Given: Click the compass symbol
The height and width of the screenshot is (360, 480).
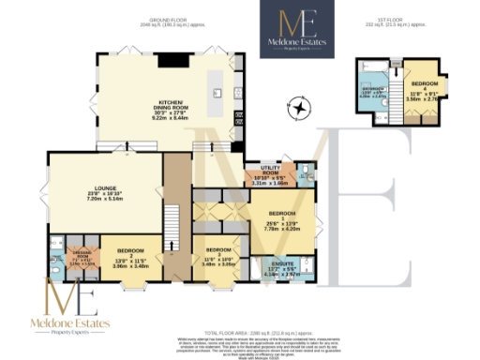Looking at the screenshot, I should [300, 110].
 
